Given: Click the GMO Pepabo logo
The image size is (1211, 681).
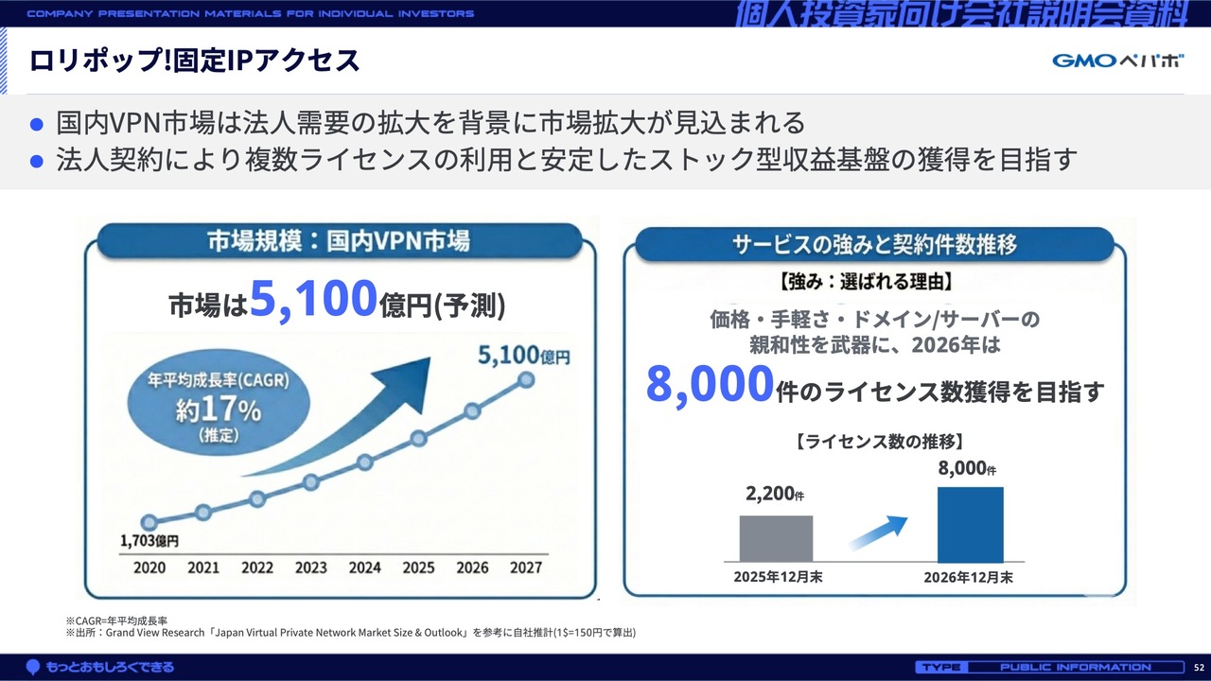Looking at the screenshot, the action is click(1117, 61).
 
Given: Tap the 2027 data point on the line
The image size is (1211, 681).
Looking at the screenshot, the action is click(526, 380).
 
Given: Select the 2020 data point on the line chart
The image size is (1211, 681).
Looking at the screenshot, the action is click(149, 522).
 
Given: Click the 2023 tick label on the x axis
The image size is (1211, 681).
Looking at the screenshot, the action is click(311, 567).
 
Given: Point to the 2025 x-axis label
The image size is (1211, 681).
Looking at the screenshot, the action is click(418, 567).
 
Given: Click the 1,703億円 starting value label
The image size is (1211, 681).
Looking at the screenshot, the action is click(149, 540).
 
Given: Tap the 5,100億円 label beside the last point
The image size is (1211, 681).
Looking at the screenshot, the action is click(524, 356).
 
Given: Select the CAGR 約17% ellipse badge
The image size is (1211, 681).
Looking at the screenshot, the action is click(219, 402).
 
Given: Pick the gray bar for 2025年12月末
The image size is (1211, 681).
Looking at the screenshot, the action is click(776, 538).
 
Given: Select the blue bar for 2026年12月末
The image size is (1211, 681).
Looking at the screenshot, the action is click(971, 524).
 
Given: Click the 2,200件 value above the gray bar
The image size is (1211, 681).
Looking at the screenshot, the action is click(775, 494).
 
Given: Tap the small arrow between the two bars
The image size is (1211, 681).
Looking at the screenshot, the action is click(879, 533).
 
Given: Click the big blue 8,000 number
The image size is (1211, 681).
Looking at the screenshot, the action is click(710, 384).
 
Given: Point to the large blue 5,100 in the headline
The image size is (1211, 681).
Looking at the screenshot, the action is click(313, 299).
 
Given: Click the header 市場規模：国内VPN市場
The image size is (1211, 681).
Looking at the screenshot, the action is click(339, 241).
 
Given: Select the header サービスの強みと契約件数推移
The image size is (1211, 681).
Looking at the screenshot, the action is click(875, 244).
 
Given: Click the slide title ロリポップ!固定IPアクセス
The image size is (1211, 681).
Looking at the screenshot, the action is click(195, 60).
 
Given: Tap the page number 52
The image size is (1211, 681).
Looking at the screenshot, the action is click(1199, 668).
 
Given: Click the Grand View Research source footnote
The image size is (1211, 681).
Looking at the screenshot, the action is click(351, 633).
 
